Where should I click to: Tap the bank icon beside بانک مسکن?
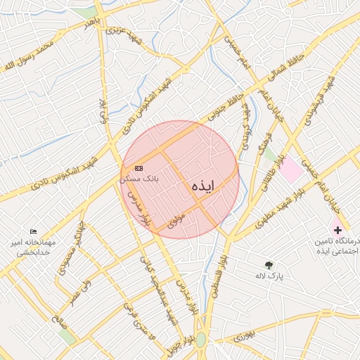coord(139,168)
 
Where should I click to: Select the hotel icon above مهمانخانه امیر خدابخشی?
coord(33,231)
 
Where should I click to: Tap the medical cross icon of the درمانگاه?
coord(338,230)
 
